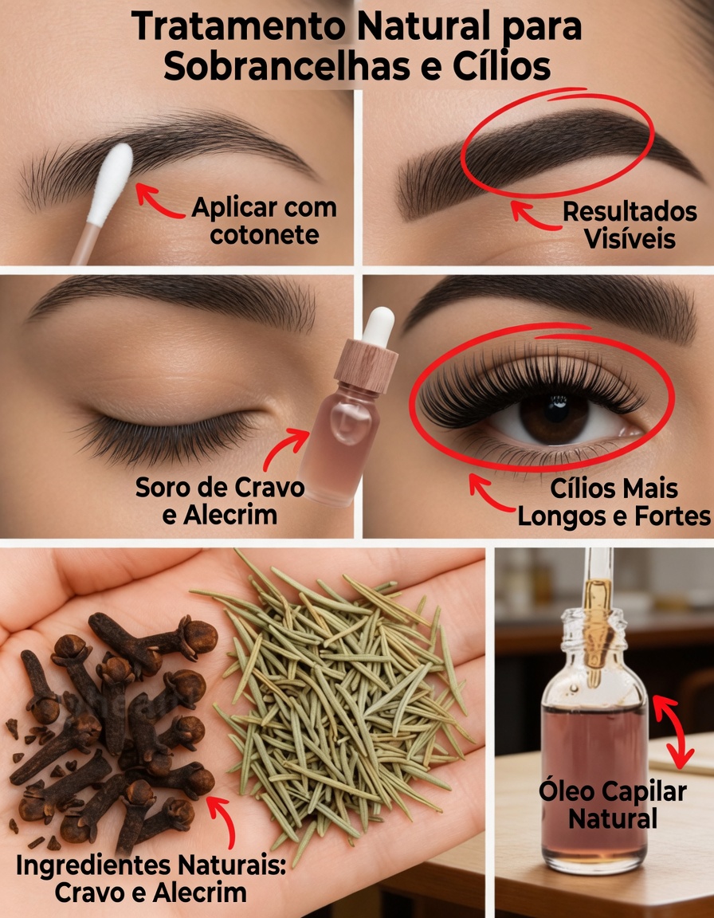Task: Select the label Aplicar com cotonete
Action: (264, 222)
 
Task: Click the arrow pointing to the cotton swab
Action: (157, 201)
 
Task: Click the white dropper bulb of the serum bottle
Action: (379, 325)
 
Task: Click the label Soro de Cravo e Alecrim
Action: (219, 500)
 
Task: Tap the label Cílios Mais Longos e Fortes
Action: (614, 502)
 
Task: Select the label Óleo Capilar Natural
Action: (612, 805)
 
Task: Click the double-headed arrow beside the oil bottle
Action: (674, 729)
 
